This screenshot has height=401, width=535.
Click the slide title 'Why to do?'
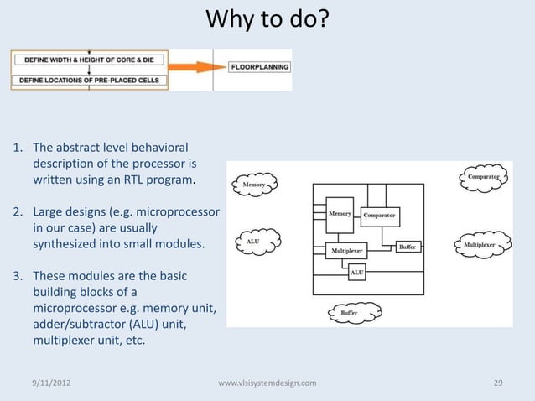pos(267,18)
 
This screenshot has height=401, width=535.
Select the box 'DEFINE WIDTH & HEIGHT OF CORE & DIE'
pos(89,60)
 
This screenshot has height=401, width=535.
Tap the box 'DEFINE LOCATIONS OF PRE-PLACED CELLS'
pos(89,81)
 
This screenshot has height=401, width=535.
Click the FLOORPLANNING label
pos(260,67)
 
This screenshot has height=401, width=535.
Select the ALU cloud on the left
pos(252,242)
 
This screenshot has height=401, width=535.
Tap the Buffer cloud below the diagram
pos(349,313)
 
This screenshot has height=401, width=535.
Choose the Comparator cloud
pos(484,177)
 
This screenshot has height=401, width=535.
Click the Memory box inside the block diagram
pos(340,215)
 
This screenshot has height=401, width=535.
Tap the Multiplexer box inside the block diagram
pos(346,250)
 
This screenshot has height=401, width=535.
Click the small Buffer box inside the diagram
pos(407,247)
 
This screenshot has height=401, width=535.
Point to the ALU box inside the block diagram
pos(356,273)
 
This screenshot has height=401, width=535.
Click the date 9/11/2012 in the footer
pos(51,383)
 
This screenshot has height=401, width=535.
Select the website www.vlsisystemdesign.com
pos(267,383)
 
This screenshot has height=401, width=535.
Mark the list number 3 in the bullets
pos(16,275)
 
